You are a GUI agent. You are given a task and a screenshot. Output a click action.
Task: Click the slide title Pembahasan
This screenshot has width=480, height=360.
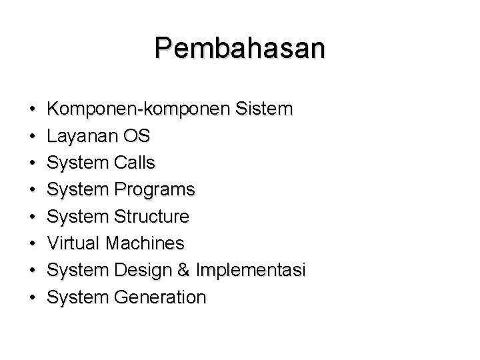click(x=240, y=49)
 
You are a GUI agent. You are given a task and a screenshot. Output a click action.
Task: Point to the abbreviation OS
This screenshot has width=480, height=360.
click(x=136, y=136)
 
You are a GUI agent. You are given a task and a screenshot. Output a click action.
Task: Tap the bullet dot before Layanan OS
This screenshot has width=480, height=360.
click(x=32, y=137)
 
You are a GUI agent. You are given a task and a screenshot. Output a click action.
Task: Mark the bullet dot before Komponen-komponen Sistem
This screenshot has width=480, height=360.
click(x=32, y=110)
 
